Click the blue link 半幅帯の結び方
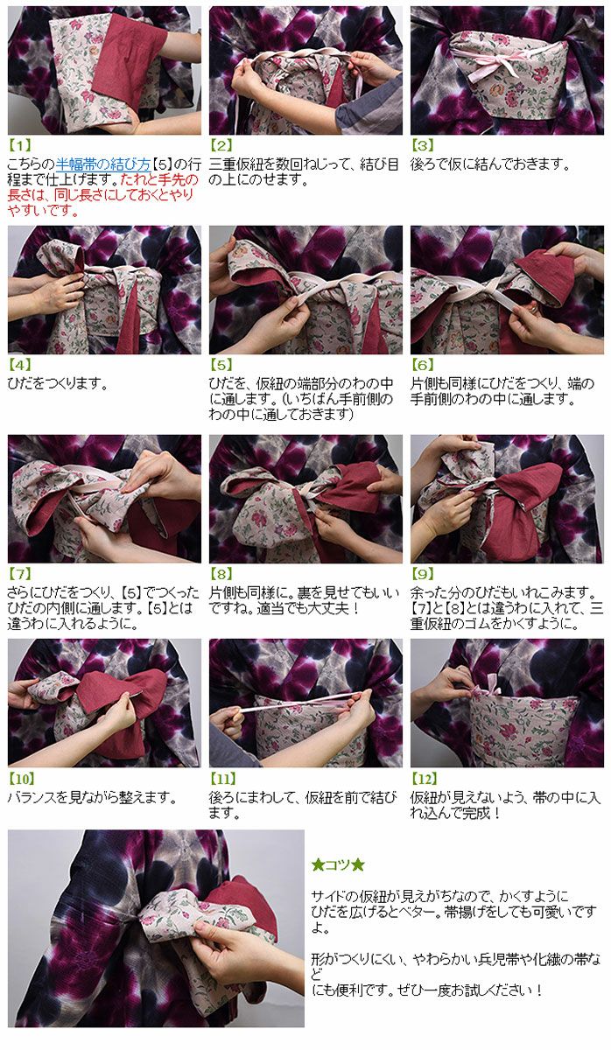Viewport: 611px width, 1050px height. point(103,164)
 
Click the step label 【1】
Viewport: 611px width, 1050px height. point(19,145)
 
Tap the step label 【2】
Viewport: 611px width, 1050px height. point(221,145)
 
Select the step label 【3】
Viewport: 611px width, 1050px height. point(423,145)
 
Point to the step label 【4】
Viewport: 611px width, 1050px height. point(19,364)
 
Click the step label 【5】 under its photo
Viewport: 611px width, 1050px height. point(221,364)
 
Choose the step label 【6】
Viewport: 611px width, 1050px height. point(423,364)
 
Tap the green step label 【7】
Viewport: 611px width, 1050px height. point(19,573)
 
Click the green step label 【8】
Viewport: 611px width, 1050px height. point(221,573)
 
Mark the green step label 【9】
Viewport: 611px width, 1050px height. point(423,573)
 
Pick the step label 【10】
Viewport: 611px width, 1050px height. point(22,779)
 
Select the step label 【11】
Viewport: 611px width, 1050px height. point(223,779)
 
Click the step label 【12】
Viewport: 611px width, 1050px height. point(425,779)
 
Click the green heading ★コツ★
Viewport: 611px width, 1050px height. point(338,864)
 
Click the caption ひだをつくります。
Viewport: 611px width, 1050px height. point(58,383)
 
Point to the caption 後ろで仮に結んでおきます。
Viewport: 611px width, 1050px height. point(490,164)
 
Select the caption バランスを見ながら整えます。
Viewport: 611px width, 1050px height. point(93,797)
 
